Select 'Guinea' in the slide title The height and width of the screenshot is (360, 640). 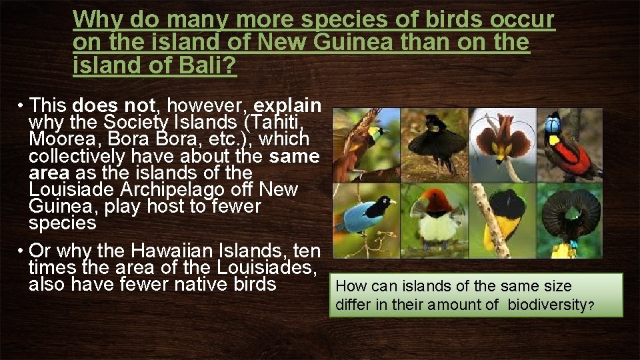[349, 43]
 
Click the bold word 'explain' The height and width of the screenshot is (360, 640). [288, 105]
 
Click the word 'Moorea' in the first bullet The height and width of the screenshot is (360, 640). [56, 139]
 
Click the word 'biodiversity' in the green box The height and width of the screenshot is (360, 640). [547, 305]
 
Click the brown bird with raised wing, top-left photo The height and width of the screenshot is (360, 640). [363, 140]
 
